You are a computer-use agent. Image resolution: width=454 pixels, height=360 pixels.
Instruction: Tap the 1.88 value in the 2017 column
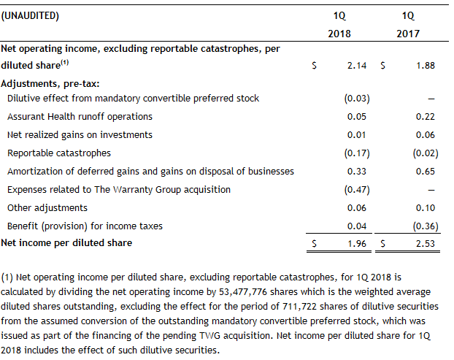(x=425, y=66)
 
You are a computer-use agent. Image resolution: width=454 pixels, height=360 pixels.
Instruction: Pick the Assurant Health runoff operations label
(x=80, y=117)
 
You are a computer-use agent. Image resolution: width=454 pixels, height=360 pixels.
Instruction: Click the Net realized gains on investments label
(x=80, y=135)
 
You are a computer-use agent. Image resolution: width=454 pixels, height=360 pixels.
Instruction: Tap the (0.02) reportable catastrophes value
(x=423, y=153)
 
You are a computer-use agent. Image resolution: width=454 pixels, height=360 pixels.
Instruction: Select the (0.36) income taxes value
(x=423, y=226)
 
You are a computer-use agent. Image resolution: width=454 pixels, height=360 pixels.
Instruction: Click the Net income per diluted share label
(x=66, y=241)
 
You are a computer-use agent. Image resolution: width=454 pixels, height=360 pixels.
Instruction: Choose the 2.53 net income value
(x=425, y=243)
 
